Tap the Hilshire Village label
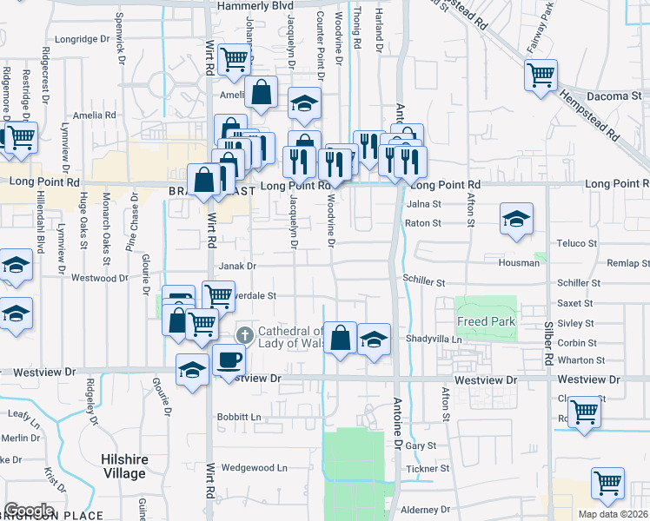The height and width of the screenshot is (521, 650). [x=124, y=466]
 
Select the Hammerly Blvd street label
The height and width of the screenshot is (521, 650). [x=260, y=5]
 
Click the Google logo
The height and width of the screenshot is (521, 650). [x=29, y=511]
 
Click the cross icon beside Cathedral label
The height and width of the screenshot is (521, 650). [x=245, y=334]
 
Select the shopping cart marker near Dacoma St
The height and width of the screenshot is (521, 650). [x=541, y=76]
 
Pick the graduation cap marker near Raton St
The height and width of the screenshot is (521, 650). [x=516, y=219]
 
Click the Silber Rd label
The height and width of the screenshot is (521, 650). [x=548, y=341]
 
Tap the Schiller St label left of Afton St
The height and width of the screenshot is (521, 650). [x=423, y=283]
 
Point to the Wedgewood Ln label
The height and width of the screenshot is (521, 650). [x=254, y=467]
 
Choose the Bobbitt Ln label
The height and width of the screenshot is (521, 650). [x=239, y=417]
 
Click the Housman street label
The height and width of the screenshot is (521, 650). [x=521, y=261]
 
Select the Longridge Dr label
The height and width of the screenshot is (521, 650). [x=78, y=39]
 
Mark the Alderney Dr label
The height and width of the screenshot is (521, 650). [x=423, y=509]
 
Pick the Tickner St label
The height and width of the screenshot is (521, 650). [x=428, y=468]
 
